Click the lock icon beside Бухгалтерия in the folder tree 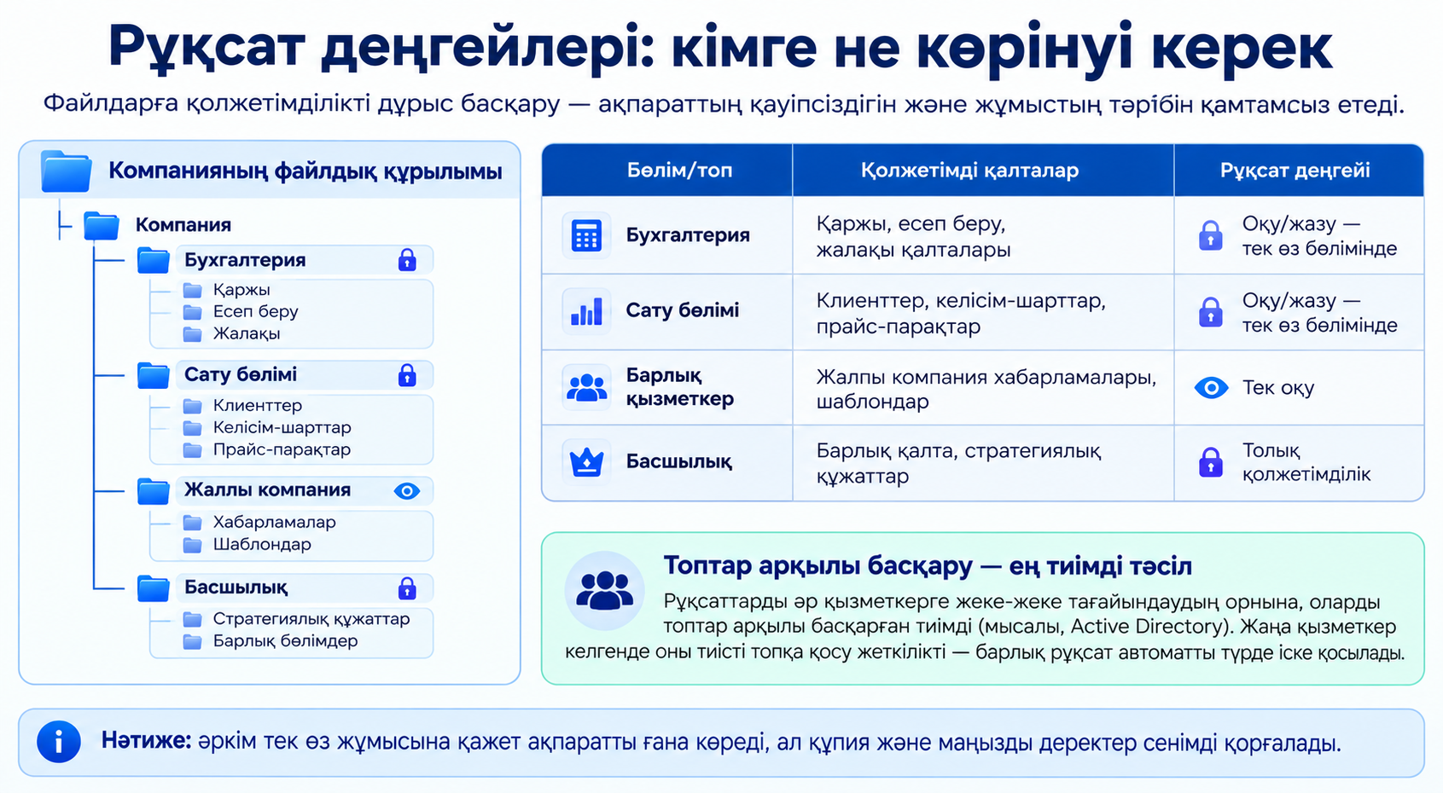407,260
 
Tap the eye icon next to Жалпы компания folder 406,491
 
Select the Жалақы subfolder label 247,333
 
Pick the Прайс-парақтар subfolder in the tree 282,449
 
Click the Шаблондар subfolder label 262,545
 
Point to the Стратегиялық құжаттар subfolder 311,619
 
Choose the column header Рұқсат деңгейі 1295,171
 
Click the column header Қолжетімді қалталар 969,171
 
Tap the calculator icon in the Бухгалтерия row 586,235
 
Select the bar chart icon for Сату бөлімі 586,311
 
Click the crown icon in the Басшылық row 586,461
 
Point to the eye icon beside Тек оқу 1211,387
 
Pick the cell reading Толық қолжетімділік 1306,462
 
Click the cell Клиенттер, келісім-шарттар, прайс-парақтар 961,313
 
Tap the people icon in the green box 604,591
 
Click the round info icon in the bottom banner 59,742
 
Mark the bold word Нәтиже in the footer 146,741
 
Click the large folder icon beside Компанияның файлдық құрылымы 66,171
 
